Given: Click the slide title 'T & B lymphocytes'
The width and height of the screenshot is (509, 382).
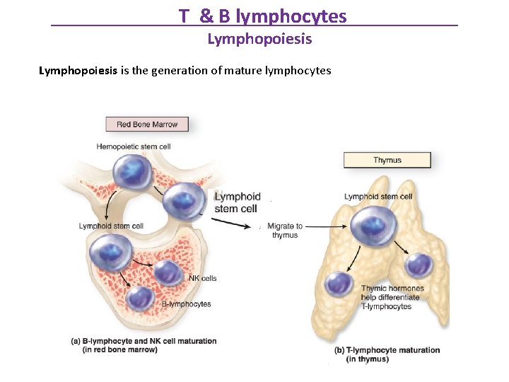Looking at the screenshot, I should click(x=262, y=16).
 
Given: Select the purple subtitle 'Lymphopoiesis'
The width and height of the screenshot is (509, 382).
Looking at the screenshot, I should click(x=259, y=39).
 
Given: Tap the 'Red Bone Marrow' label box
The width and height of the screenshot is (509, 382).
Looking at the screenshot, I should click(x=147, y=125).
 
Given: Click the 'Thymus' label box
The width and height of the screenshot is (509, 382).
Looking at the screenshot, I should click(x=387, y=161).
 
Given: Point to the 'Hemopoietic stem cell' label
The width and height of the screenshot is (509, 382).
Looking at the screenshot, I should click(x=134, y=147).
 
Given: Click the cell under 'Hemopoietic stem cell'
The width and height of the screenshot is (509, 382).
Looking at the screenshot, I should click(x=131, y=173).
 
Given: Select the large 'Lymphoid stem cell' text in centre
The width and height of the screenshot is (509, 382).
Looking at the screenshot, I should click(x=237, y=202).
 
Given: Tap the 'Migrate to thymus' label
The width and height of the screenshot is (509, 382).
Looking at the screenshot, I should click(x=285, y=231).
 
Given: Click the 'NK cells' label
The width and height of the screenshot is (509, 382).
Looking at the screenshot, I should click(x=202, y=279).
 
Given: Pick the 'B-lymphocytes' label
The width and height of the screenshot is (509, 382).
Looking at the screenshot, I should click(x=186, y=304).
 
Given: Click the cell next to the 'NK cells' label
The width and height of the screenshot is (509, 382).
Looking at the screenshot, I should click(x=168, y=272).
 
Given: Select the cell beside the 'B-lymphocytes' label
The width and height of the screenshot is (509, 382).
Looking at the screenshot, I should click(x=141, y=299).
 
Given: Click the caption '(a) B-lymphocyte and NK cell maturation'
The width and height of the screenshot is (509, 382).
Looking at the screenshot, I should click(x=144, y=342).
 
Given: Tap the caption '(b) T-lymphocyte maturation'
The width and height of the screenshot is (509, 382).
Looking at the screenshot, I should click(x=387, y=351).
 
